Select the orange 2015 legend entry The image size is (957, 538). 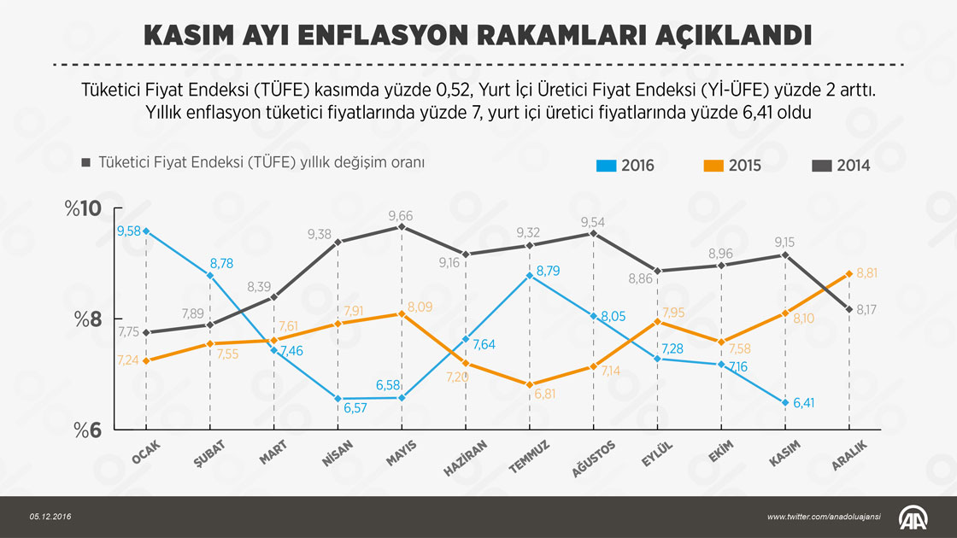tap(731, 166)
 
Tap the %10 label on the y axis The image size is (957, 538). tap(83, 210)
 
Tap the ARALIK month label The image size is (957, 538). tap(850, 453)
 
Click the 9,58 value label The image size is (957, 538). tap(127, 231)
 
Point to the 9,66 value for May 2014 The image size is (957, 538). tap(401, 215)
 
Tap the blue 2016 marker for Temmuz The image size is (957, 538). tap(530, 275)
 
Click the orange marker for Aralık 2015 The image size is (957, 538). tap(849, 273)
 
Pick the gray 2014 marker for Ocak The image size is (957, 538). tap(146, 332)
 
